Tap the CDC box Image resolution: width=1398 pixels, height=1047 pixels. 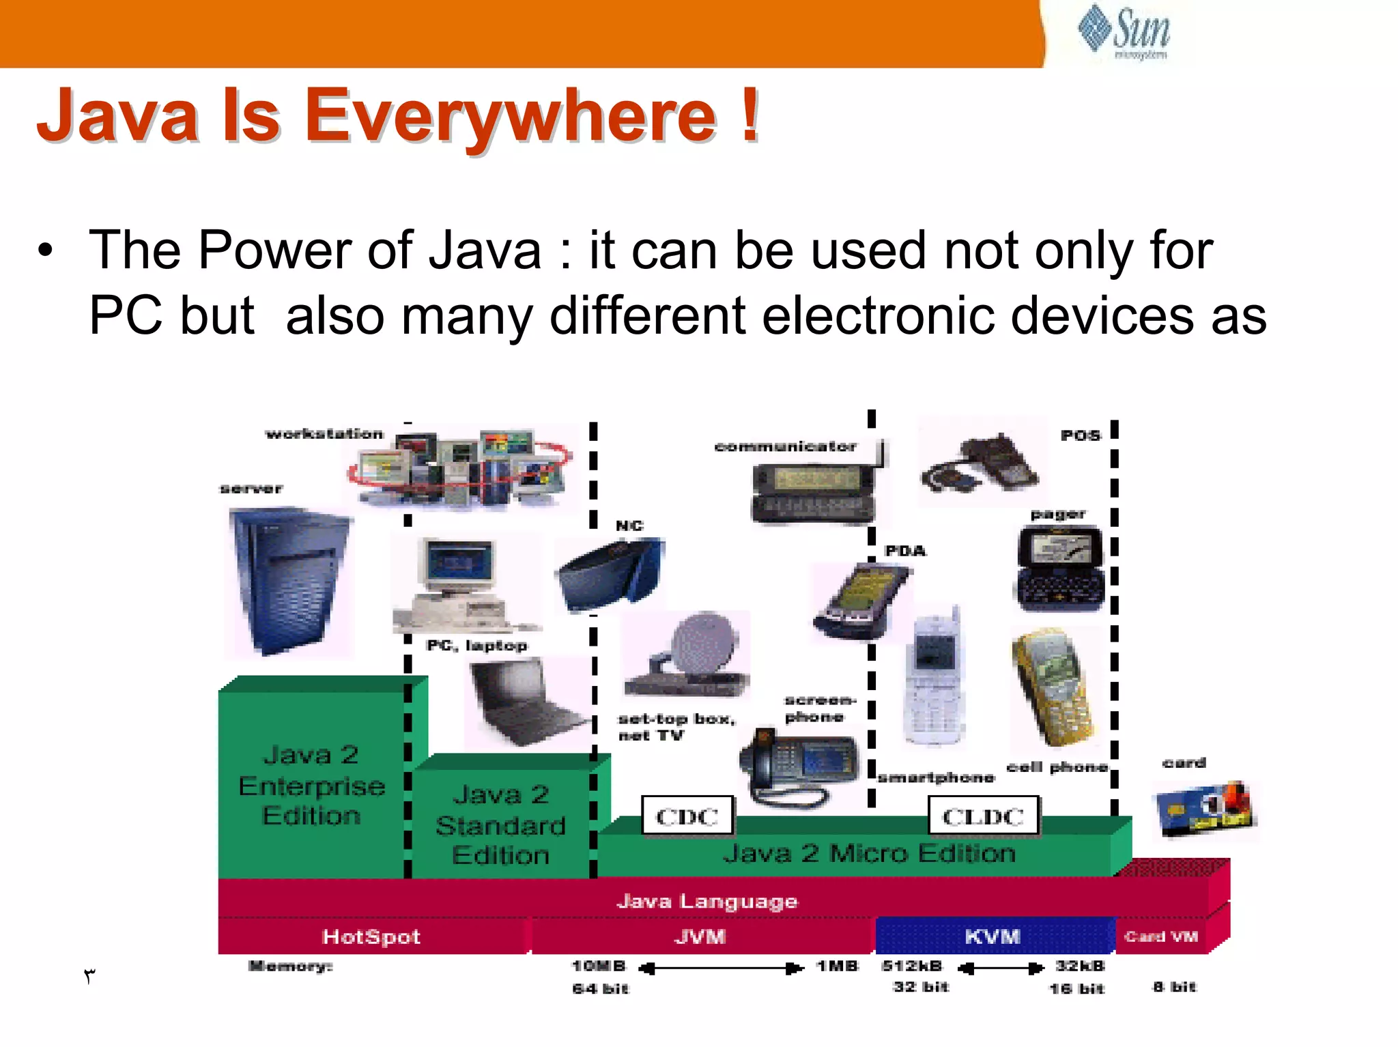(687, 816)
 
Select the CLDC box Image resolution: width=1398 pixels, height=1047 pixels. (983, 816)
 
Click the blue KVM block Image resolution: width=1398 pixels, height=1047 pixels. (993, 936)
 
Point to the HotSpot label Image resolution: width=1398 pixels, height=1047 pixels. (371, 936)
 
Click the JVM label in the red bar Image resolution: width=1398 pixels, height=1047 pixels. (700, 936)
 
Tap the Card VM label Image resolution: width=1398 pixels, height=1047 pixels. (1160, 936)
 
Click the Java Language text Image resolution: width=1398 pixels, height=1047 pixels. (707, 902)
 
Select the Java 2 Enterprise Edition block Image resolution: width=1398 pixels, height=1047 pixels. (311, 785)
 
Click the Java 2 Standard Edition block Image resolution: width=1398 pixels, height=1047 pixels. (500, 824)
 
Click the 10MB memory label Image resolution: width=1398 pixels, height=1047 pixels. (598, 966)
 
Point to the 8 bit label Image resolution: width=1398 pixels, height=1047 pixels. (1174, 987)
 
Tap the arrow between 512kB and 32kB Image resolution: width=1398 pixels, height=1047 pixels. (1000, 968)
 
